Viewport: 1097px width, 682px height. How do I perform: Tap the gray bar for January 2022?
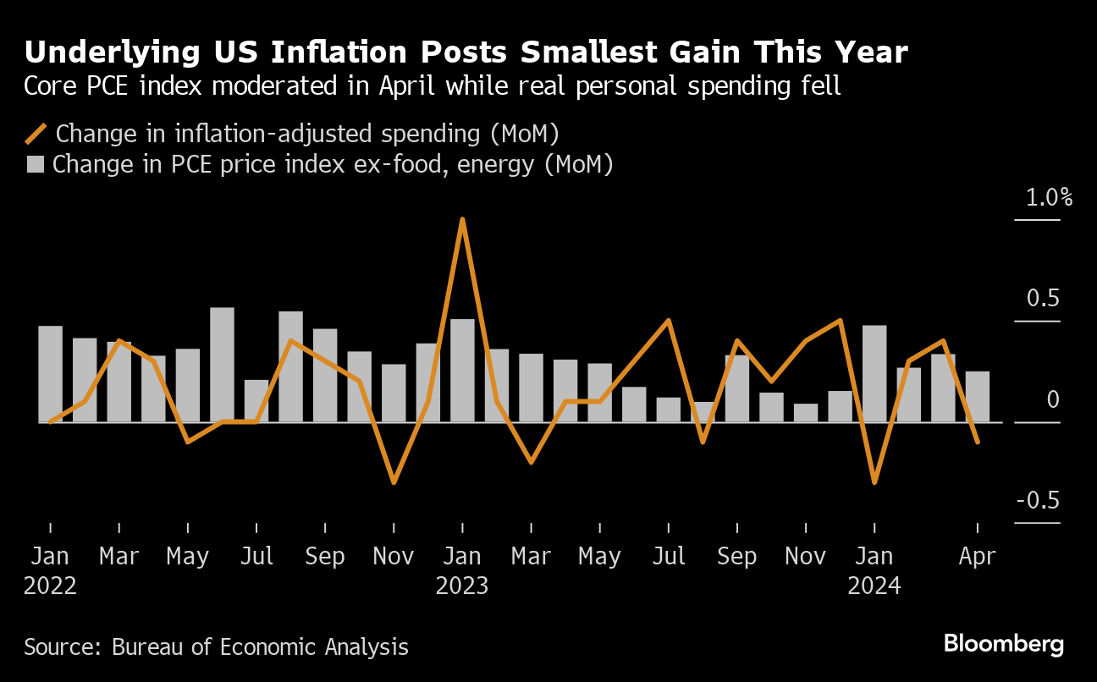pyautogui.click(x=50, y=374)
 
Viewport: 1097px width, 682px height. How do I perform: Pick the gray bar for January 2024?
pyautogui.click(x=874, y=374)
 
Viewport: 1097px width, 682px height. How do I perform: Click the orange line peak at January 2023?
pyautogui.click(x=462, y=220)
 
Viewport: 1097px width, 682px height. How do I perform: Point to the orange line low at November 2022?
pyautogui.click(x=394, y=482)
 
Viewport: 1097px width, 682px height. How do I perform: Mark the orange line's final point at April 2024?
pyautogui.click(x=978, y=442)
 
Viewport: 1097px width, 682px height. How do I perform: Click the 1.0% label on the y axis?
pyautogui.click(x=1049, y=199)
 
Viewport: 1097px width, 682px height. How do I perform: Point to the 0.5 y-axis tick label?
pyautogui.click(x=1044, y=299)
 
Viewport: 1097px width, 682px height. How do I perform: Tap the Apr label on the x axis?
pyautogui.click(x=978, y=557)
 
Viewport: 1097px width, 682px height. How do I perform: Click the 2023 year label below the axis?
pyautogui.click(x=462, y=586)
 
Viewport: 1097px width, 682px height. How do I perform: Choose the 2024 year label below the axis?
pyautogui.click(x=874, y=586)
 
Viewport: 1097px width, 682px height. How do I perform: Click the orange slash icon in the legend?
pyautogui.click(x=36, y=134)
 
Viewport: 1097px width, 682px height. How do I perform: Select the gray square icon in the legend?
pyautogui.click(x=36, y=164)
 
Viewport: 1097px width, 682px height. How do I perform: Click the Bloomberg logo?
pyautogui.click(x=1003, y=645)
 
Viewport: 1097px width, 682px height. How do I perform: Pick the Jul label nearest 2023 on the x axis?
pyautogui.click(x=669, y=557)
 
